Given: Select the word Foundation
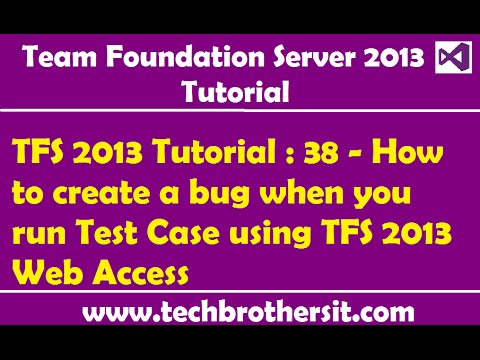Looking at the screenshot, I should (168, 58).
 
